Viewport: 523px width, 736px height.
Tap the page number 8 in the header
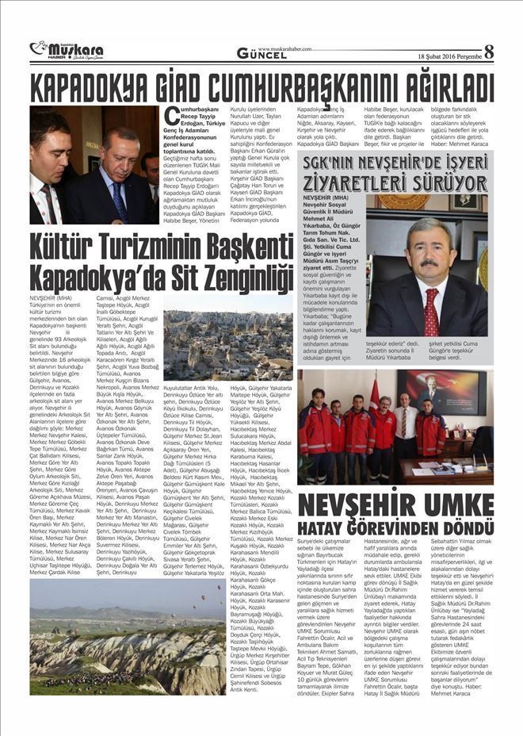488,52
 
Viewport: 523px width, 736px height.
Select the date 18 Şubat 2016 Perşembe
449,56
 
